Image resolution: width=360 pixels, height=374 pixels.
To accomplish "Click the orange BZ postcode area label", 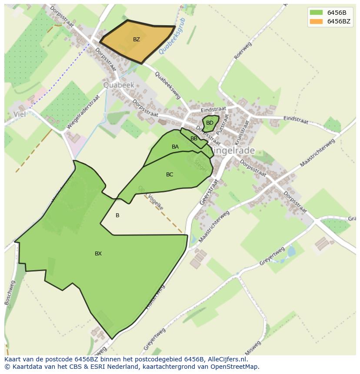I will [137, 40].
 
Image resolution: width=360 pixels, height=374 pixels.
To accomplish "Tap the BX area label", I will [98, 254].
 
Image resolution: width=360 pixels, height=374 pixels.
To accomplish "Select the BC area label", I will [170, 175].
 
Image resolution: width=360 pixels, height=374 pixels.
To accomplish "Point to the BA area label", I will [175, 147].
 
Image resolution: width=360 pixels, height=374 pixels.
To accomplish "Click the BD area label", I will [210, 123].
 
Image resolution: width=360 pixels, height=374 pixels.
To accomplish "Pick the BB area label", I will [194, 139].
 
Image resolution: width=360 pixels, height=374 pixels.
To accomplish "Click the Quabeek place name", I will [119, 85].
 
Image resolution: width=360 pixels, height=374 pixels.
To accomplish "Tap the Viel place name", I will [20, 114].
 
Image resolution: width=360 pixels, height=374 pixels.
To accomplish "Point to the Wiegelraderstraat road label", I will [83, 112].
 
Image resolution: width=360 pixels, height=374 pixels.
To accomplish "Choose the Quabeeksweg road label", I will [167, 85].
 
